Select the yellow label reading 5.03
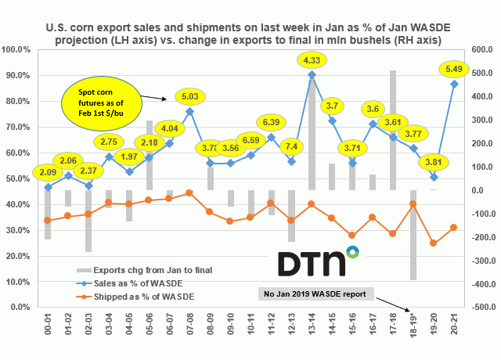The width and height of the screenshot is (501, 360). pos(190,97)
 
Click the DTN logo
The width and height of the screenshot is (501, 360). pos(316,263)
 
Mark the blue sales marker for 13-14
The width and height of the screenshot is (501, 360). pos(312,75)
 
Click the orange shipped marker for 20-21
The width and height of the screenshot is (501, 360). pos(454,228)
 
